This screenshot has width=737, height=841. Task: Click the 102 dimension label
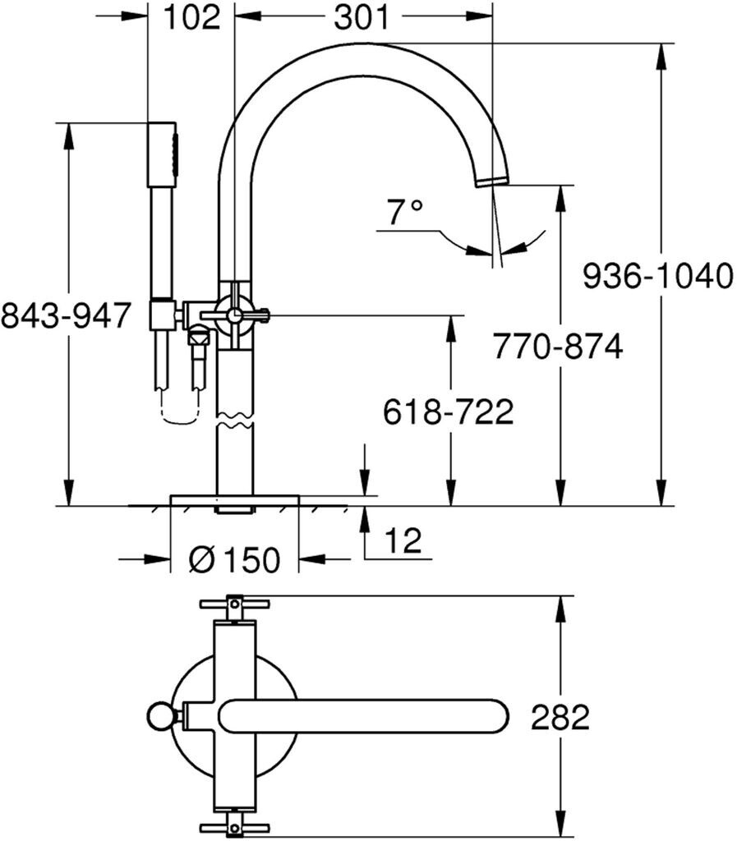click(x=192, y=17)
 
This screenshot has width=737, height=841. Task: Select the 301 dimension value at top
click(x=362, y=17)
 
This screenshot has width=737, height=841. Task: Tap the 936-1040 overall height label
click(x=657, y=276)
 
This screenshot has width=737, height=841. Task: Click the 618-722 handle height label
click(x=449, y=411)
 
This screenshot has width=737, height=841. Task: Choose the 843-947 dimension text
click(x=66, y=315)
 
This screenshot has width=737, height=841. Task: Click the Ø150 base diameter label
click(x=234, y=560)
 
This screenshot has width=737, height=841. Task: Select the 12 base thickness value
click(x=402, y=540)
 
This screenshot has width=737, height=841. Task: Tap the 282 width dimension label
click(x=560, y=717)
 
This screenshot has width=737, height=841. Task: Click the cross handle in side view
click(x=236, y=313)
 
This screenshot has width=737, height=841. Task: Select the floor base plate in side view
click(x=234, y=501)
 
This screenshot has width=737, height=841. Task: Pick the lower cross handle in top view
click(x=235, y=825)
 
